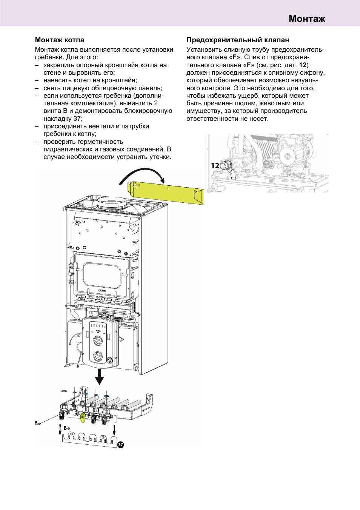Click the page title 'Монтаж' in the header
[x=306, y=18]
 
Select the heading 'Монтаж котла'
[x=59, y=40]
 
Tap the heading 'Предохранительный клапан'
[x=238, y=40]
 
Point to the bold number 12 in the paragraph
[x=303, y=65]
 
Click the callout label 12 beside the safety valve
[x=215, y=166]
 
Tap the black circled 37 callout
[x=120, y=445]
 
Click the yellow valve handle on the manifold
[x=83, y=417]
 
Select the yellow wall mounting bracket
[x=166, y=192]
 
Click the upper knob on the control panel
[x=98, y=341]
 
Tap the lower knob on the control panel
[x=98, y=356]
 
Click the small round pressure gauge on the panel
[x=110, y=360]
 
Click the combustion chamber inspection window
[x=102, y=274]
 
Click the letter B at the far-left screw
[x=36, y=423]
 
